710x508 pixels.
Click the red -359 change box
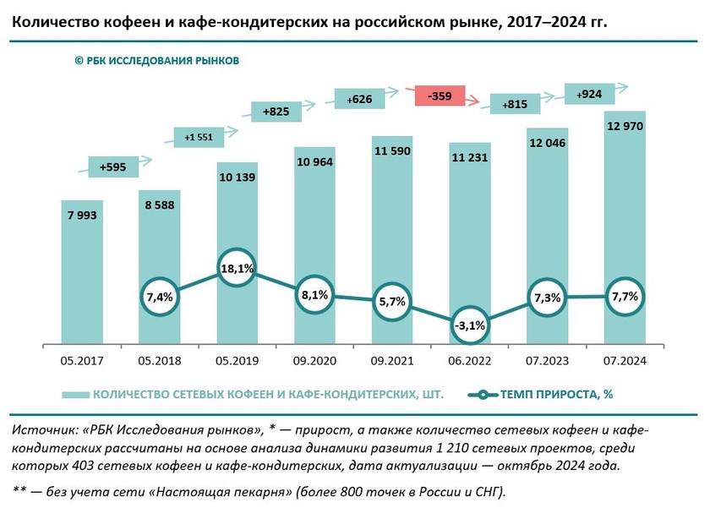point(440,96)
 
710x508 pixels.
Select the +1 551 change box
point(198,136)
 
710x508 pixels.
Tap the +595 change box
point(112,167)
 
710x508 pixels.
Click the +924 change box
point(589,94)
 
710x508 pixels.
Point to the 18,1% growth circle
point(238,269)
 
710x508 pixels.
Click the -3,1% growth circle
point(471,325)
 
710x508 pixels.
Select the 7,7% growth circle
point(626,297)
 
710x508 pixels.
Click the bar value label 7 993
point(82,216)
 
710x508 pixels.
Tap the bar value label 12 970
point(625,127)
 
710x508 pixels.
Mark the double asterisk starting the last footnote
point(19,490)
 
